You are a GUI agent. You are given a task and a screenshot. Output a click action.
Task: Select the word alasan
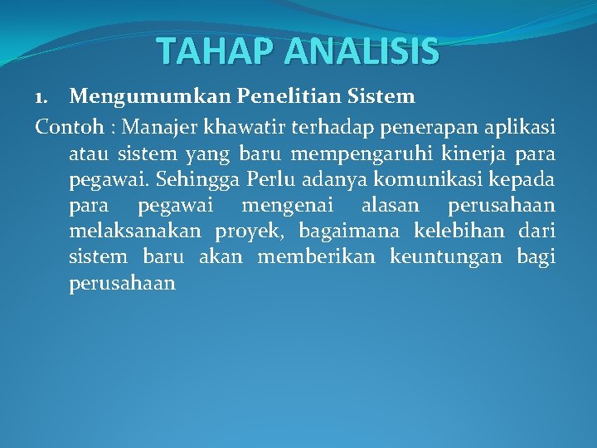(x=390, y=206)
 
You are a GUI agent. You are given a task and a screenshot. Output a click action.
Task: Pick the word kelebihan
(x=459, y=231)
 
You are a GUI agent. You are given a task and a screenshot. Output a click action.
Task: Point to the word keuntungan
(x=449, y=257)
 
